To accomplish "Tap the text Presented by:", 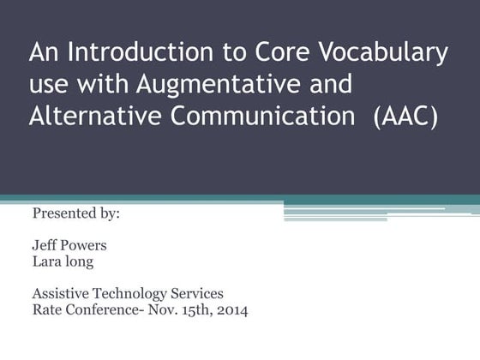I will coord(75,213).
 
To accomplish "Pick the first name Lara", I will coord(46,261).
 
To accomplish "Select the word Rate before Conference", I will coord(46,310).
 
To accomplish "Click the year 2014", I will coord(231,310).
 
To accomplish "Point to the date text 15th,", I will coord(191,310).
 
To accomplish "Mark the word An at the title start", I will coord(44,53).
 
